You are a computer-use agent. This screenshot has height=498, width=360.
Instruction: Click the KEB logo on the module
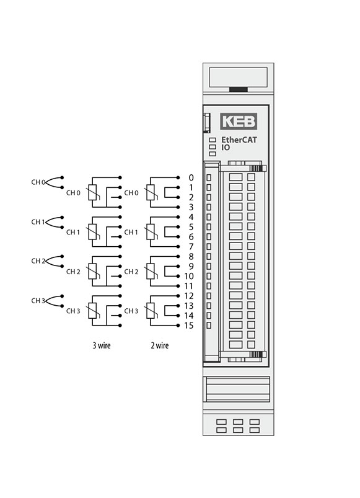point(239,122)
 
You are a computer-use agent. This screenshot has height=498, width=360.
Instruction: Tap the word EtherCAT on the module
point(239,140)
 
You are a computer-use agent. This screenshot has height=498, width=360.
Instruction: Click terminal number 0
point(191,177)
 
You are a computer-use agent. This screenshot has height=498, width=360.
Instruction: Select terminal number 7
point(191,246)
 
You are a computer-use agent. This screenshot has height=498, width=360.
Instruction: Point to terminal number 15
point(189,325)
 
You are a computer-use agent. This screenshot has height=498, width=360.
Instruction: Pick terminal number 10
point(189,276)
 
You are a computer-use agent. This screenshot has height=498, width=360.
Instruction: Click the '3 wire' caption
point(102,345)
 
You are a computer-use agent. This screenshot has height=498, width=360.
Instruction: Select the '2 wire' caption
point(159,345)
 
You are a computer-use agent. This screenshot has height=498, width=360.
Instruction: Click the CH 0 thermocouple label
point(38,182)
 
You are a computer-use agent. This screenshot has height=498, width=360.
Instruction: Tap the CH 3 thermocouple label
point(38,300)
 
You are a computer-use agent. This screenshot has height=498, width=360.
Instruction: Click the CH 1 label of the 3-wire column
point(73,232)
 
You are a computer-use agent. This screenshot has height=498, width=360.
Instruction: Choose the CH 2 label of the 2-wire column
point(131,272)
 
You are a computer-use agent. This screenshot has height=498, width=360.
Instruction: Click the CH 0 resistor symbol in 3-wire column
point(92,192)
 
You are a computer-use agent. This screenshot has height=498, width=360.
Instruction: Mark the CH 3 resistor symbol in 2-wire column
point(151,310)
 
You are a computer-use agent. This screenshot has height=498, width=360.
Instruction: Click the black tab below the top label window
point(239,89)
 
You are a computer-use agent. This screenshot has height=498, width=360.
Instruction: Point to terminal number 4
point(191,217)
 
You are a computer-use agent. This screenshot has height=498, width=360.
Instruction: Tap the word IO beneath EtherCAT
point(226,148)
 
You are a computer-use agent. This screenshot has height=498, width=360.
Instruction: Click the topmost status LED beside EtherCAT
point(213,140)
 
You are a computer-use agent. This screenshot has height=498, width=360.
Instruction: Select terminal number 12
point(189,296)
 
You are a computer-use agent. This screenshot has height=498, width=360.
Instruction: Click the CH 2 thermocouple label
point(38,261)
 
